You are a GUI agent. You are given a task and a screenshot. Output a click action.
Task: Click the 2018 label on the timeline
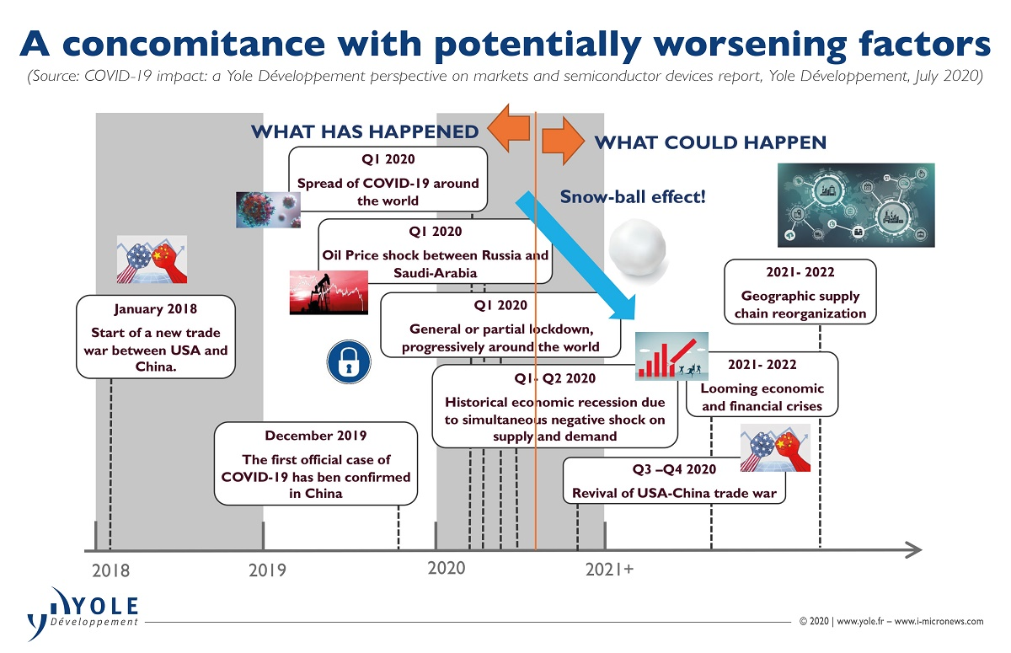click(110, 570)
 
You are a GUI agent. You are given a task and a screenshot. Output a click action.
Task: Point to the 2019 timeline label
click(267, 570)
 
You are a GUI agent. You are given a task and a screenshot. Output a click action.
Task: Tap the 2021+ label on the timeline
click(609, 570)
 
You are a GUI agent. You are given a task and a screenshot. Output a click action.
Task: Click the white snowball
click(637, 249)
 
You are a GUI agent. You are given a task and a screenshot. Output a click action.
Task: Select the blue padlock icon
click(349, 362)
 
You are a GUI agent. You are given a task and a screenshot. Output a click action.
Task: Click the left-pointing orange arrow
click(509, 128)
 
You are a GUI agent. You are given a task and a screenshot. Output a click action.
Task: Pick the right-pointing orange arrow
click(564, 141)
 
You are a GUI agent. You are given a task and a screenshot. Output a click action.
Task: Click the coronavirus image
click(268, 210)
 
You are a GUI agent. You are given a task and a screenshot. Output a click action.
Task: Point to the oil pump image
click(329, 292)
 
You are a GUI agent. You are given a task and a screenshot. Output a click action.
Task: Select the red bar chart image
click(671, 356)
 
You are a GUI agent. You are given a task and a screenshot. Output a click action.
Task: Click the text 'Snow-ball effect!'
click(633, 197)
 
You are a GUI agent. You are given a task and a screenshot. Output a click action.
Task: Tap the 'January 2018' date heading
click(156, 308)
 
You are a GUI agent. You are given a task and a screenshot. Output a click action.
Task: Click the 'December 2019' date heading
click(315, 436)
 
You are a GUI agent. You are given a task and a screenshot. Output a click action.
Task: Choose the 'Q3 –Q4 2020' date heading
click(674, 469)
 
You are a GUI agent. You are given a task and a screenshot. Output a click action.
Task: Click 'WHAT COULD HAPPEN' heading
click(710, 142)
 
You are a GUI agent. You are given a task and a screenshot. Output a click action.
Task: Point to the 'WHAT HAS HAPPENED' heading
click(365, 131)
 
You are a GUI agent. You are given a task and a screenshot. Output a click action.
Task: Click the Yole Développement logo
click(83, 613)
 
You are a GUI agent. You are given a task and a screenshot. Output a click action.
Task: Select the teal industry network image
click(856, 205)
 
